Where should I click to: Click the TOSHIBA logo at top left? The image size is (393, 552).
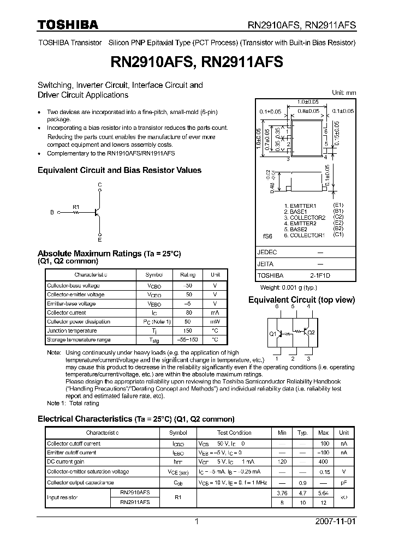68,25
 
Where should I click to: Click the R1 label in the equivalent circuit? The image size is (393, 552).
76,207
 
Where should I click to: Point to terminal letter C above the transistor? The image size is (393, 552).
99,185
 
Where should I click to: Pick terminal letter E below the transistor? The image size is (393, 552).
99,239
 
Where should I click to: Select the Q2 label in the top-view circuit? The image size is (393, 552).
311,332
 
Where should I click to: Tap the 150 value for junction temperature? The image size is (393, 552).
188,331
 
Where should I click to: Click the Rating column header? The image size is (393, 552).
188,275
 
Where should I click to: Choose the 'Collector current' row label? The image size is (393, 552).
66,313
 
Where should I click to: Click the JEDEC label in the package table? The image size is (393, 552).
267,253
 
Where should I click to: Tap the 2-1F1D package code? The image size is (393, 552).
320,276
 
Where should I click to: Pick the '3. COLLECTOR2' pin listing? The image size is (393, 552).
304,218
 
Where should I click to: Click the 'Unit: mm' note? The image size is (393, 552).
344,93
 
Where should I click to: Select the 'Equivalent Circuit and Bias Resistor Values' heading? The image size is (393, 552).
119,170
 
